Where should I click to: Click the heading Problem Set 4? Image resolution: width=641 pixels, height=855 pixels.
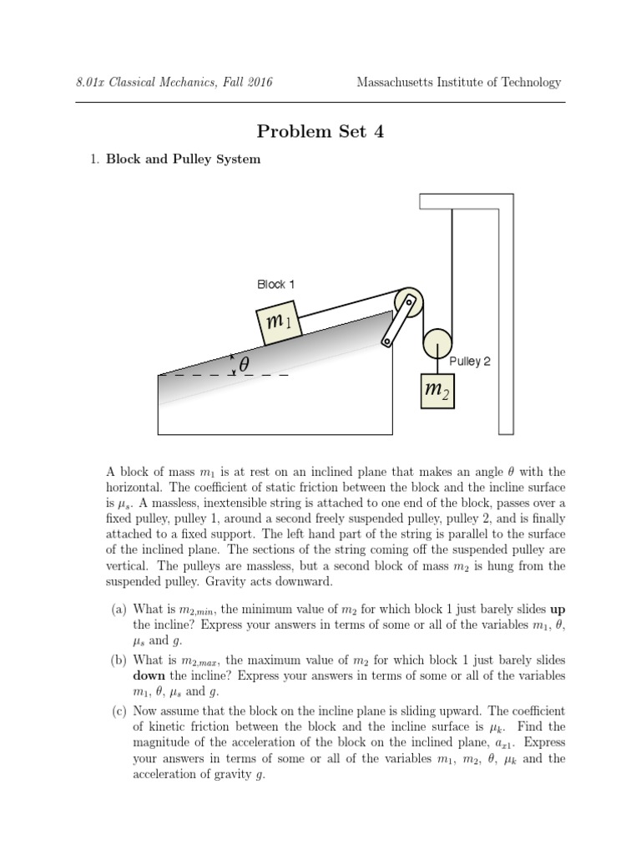(x=320, y=131)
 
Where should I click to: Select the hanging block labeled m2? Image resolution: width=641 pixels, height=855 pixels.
(x=437, y=389)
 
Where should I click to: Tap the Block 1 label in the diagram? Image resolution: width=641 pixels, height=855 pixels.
(x=275, y=285)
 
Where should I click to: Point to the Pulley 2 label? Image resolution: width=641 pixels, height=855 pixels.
(x=470, y=362)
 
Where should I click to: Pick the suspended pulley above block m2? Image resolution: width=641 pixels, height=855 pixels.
(x=437, y=343)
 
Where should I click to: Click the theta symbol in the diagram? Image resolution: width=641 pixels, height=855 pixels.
(x=244, y=365)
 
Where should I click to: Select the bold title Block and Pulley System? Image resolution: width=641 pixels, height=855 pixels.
(x=183, y=159)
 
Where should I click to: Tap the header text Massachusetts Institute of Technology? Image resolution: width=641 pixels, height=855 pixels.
(x=458, y=83)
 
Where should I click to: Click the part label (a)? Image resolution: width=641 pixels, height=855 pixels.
(x=119, y=610)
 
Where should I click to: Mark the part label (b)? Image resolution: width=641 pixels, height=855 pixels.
(x=119, y=660)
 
